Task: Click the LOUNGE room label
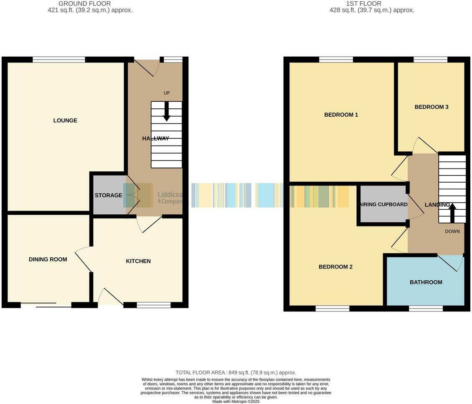tap(65, 120)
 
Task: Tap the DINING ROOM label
tap(48, 259)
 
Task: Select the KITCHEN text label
tap(138, 261)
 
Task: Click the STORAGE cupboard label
tap(108, 195)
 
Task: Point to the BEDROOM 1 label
tap(341, 115)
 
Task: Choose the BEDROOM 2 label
tap(335, 267)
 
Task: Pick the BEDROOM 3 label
tap(431, 107)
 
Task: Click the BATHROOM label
tap(426, 282)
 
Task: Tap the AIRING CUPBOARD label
tap(383, 204)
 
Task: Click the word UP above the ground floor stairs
tap(167, 93)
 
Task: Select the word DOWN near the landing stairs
tap(452, 231)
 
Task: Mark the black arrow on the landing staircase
tap(452, 211)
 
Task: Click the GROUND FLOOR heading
tap(84, 4)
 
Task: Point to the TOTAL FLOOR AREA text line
tap(236, 373)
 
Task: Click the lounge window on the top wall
tap(59, 60)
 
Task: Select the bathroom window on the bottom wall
tap(426, 309)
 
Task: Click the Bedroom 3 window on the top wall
tap(430, 60)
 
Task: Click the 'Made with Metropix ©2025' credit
tap(236, 401)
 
